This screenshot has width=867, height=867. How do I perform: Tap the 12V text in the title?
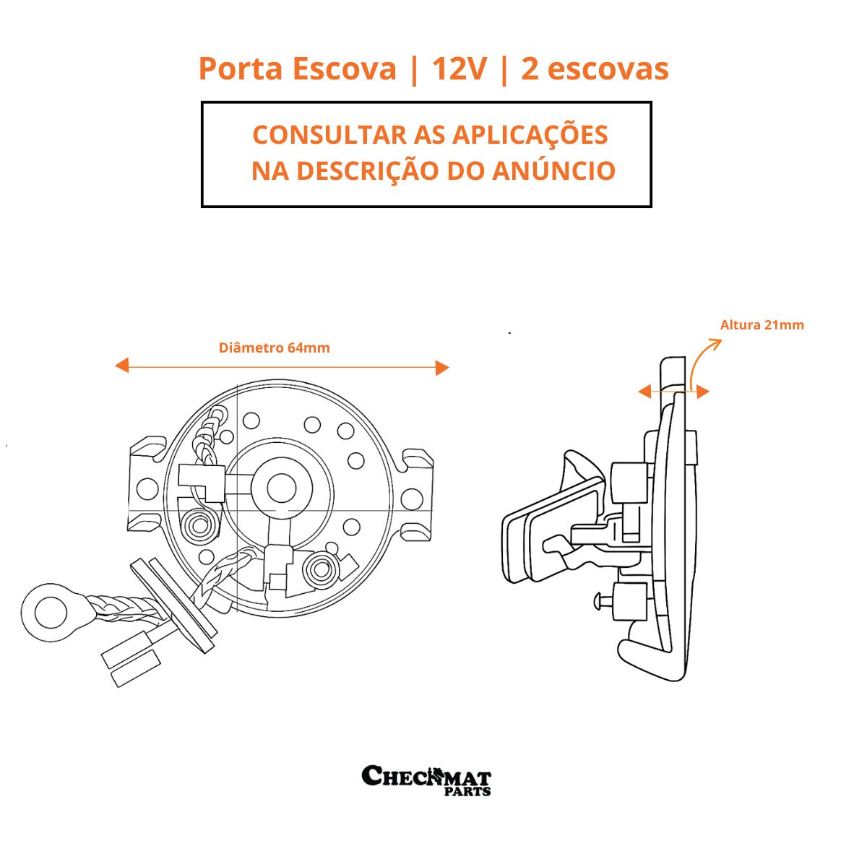[460, 69]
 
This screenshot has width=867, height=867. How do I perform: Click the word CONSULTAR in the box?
[329, 134]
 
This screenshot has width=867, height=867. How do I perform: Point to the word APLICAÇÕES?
[530, 134]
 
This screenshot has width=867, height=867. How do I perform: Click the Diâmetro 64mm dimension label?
[274, 348]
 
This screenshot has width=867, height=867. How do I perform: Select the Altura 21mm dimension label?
[762, 325]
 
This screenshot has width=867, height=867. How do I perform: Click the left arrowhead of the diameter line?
[122, 366]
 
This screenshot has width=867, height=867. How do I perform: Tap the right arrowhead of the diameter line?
[442, 368]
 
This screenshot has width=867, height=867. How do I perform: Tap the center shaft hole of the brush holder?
[281, 488]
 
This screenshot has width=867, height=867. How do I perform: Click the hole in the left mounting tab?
[147, 489]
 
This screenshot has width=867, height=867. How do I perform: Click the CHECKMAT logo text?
[426, 775]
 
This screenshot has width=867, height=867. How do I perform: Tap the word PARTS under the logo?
[467, 791]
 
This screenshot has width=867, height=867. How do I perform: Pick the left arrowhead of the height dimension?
[644, 392]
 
